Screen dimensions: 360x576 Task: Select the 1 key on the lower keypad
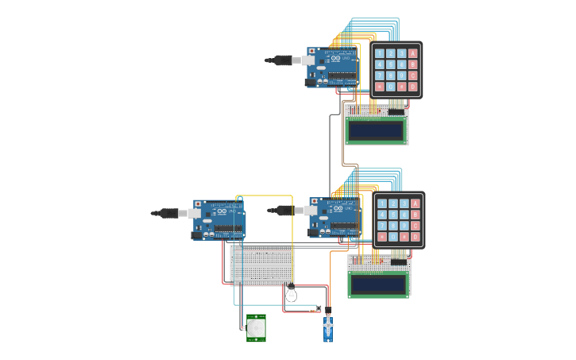(382, 203)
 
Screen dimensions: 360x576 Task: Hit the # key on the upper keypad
(401, 87)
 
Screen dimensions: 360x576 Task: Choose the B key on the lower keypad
(415, 215)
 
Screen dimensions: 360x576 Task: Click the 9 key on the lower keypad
(404, 226)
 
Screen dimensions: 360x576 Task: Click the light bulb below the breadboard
(291, 294)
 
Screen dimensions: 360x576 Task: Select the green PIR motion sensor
(256, 327)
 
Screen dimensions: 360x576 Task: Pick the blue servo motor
(328, 327)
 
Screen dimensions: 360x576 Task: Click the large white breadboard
(262, 265)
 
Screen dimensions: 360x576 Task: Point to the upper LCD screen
(376, 130)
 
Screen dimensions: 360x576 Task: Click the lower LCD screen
(378, 283)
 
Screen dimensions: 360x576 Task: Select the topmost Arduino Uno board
(332, 67)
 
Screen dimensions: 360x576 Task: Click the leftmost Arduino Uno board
(219, 219)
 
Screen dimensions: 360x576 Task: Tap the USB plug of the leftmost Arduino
(168, 213)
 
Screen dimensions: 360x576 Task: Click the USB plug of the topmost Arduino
(283, 60)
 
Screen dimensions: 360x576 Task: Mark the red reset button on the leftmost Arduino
(198, 204)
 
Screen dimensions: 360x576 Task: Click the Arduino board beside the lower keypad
(334, 217)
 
